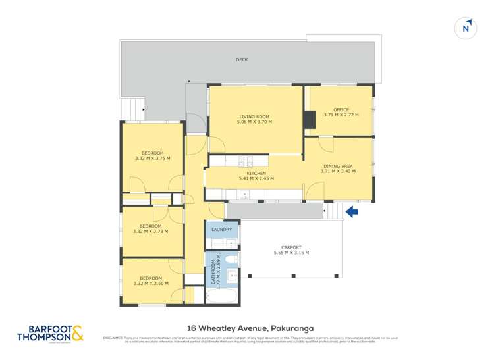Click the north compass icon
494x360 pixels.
466,28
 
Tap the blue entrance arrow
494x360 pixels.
352,212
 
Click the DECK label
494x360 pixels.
242,60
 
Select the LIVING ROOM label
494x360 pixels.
254,116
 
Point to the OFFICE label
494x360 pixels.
341,110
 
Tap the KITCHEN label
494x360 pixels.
256,173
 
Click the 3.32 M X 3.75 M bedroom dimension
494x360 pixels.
151,158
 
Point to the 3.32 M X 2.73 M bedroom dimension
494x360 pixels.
150,231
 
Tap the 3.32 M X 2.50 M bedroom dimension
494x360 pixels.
151,284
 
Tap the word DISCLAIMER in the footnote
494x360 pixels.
113,338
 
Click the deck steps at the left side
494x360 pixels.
134,105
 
